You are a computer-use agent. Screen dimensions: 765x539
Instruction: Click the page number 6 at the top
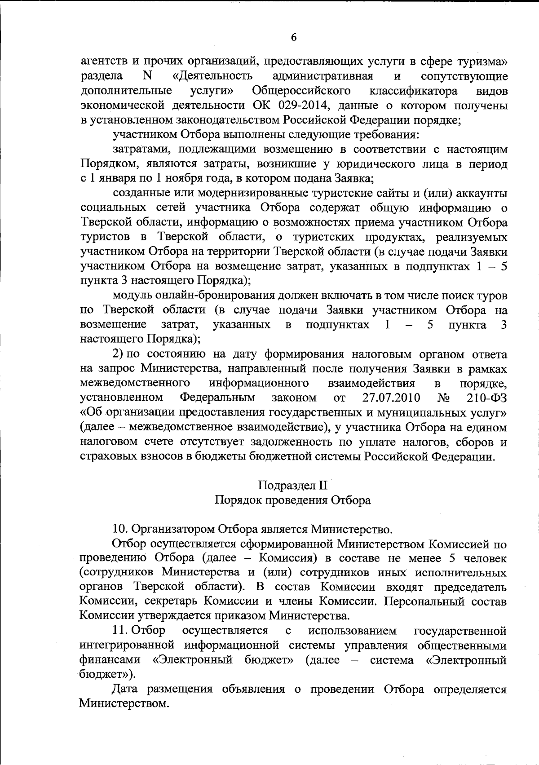click(x=293, y=37)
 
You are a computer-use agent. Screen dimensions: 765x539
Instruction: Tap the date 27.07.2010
click(x=391, y=398)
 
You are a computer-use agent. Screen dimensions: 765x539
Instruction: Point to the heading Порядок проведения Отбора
click(x=293, y=500)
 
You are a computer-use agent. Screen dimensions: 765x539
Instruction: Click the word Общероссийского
click(x=301, y=91)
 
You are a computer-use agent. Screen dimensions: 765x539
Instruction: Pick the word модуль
click(x=132, y=296)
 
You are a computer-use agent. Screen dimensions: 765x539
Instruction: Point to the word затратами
click(x=143, y=150)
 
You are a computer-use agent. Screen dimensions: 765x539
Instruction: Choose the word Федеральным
click(x=217, y=398)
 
